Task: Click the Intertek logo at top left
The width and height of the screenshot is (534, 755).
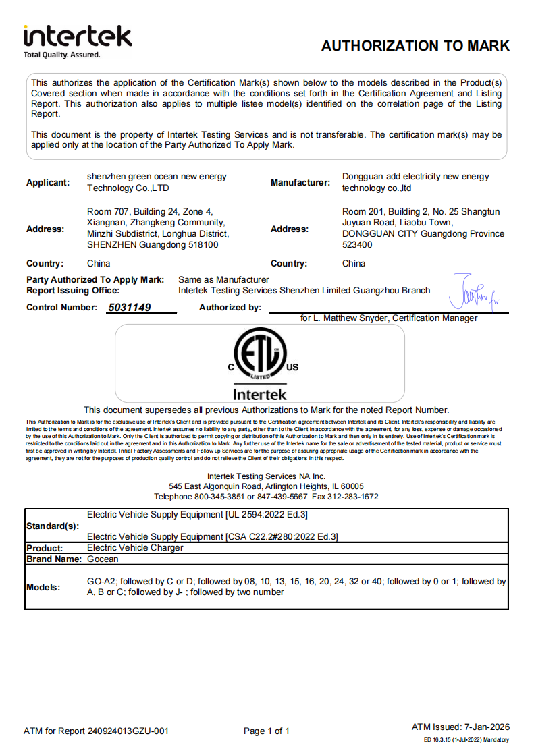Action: tap(77, 36)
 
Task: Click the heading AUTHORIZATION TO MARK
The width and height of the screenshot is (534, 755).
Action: tap(415, 46)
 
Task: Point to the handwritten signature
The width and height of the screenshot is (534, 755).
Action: tap(475, 290)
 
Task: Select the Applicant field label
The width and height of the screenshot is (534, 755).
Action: tap(48, 182)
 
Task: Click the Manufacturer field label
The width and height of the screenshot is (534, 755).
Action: tap(300, 182)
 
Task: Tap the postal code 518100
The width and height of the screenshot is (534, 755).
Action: tap(202, 245)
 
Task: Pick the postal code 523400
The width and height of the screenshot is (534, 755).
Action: tap(357, 245)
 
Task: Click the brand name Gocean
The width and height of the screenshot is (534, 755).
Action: tap(103, 559)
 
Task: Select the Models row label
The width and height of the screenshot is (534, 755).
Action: tap(43, 587)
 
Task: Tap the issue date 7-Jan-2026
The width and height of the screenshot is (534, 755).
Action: tap(487, 727)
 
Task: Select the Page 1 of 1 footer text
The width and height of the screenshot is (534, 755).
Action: tap(267, 731)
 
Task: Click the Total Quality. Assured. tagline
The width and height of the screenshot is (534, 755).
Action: tap(61, 55)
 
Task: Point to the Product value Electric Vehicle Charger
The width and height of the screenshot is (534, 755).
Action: tap(135, 548)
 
